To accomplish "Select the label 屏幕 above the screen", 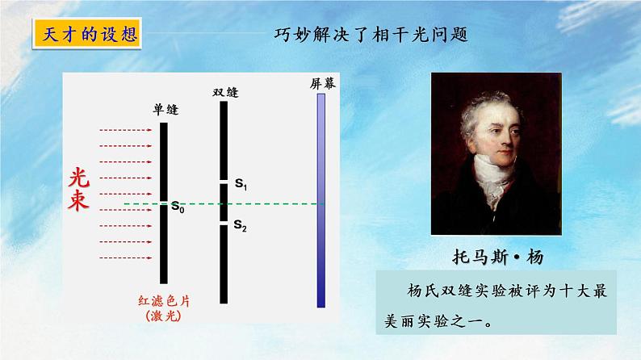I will point(322,83).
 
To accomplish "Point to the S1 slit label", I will point(241,185).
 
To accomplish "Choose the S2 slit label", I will point(241,226).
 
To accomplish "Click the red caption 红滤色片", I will point(165,300).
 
